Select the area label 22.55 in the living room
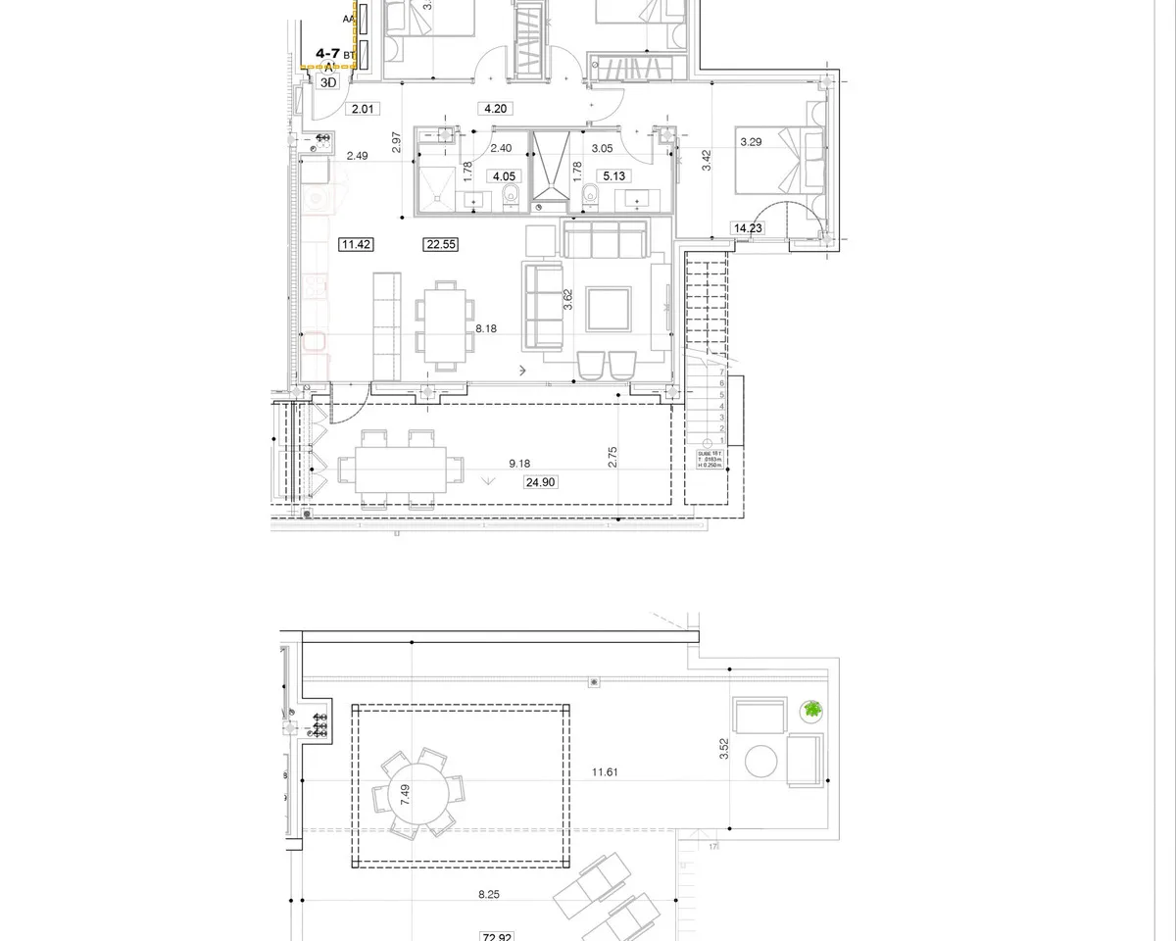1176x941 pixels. coord(441,245)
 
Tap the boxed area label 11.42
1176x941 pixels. coord(356,245)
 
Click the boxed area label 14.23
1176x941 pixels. coord(748,228)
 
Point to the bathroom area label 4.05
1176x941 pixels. coord(504,176)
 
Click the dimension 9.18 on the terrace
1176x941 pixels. coord(520,464)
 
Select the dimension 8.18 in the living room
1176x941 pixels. coord(486,329)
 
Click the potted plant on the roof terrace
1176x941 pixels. coord(811,711)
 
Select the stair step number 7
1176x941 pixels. coord(722,372)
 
